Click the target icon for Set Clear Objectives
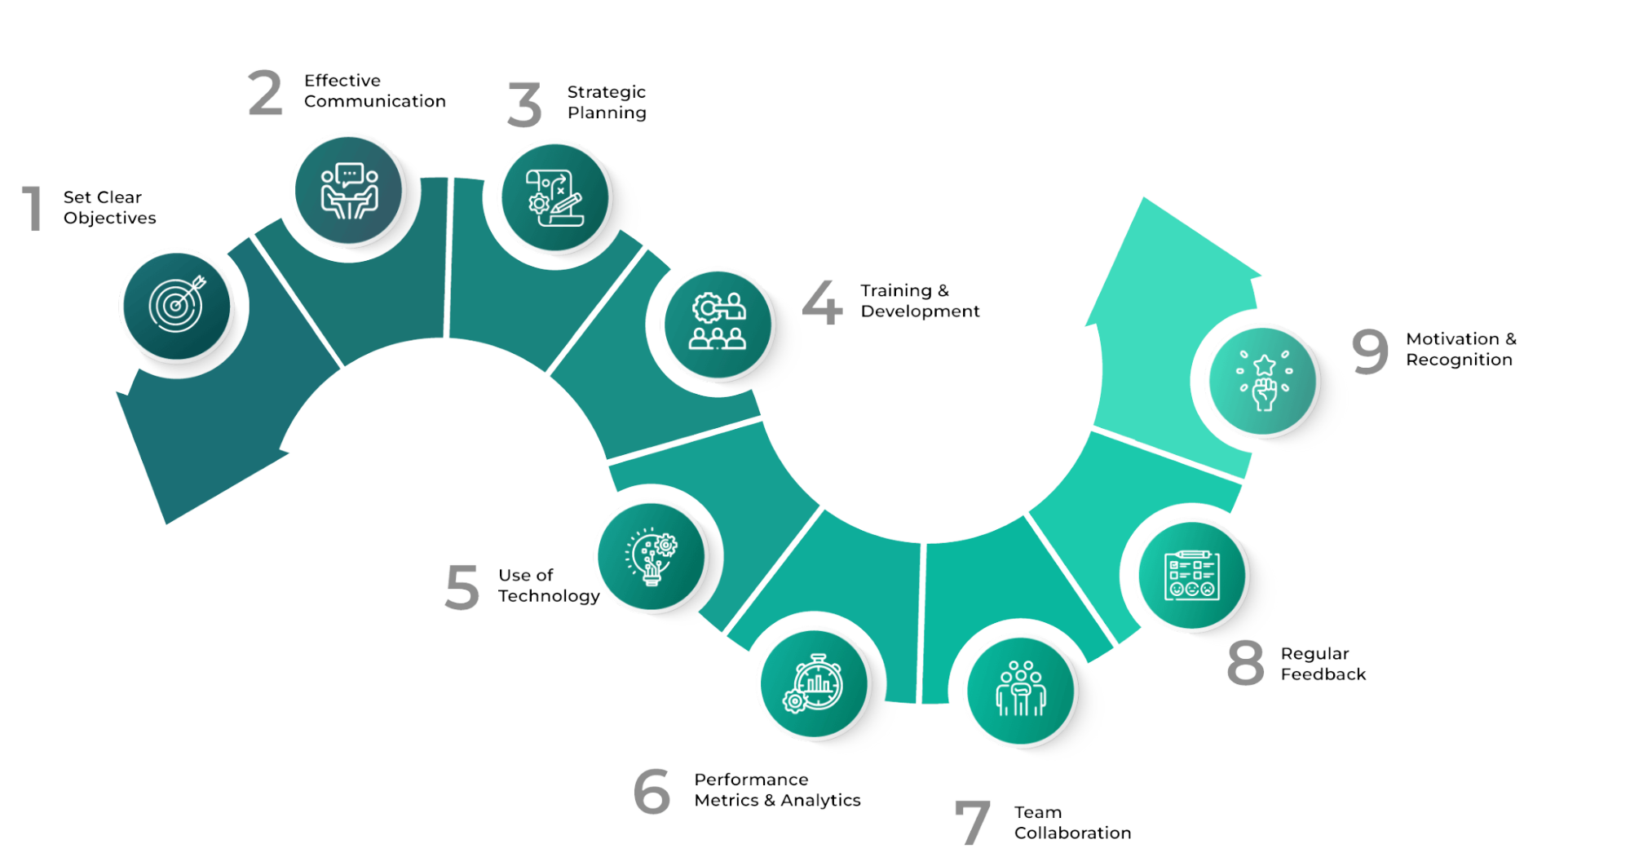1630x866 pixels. coord(177,306)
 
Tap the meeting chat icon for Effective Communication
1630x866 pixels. coord(349,190)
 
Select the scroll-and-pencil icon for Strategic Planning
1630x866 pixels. coord(555,197)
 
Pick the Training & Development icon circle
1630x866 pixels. coord(718,324)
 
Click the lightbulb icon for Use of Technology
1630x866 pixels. coord(651,556)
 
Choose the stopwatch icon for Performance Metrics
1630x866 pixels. coord(814,683)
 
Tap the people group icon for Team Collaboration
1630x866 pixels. coord(1021,691)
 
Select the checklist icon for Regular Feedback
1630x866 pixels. coord(1192,575)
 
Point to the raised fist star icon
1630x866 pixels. coord(1263,381)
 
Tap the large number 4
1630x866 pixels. coord(822,302)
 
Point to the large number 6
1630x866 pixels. coord(652,791)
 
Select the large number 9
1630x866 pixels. coord(1370,351)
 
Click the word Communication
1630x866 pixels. coord(375,101)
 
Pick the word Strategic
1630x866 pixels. coord(606,92)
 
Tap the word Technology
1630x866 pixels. coord(549,596)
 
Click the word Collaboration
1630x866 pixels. coord(1072,833)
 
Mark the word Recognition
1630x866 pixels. coord(1459,360)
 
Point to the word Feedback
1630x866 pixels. coord(1323,674)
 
